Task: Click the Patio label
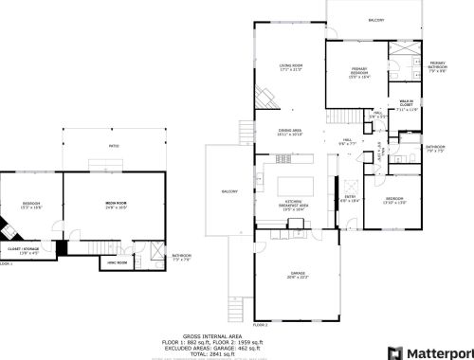tap(114, 145)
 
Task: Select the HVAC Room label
tap(116, 261)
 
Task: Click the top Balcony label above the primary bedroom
tap(376, 19)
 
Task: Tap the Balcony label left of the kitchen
tap(228, 191)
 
